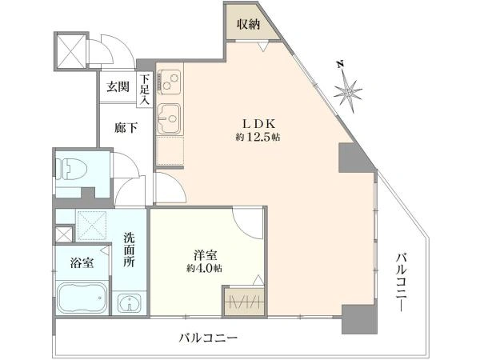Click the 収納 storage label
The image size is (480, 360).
(x=249, y=24)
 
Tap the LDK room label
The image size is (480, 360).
(x=260, y=123)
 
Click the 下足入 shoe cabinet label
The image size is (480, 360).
(x=145, y=90)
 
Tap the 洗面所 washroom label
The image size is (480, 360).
(x=130, y=250)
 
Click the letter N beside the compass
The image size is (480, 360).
(x=340, y=65)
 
